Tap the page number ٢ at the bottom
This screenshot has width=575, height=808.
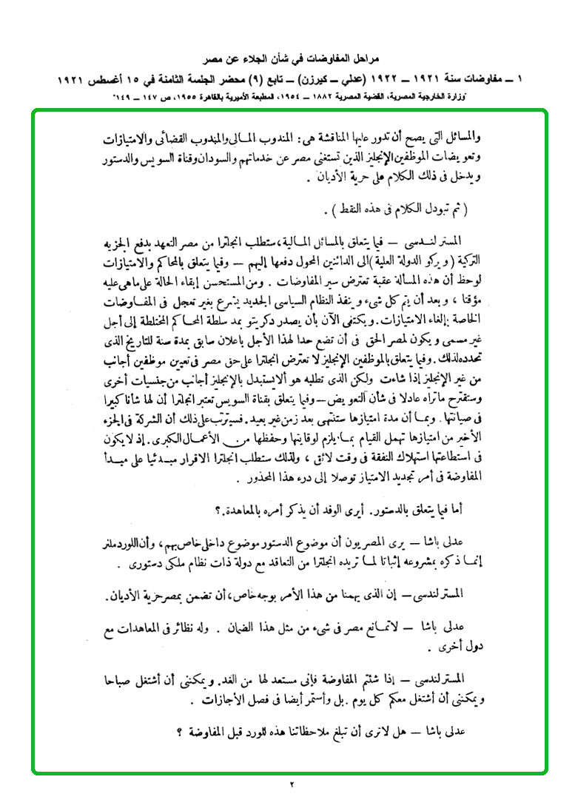[x=291, y=784]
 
